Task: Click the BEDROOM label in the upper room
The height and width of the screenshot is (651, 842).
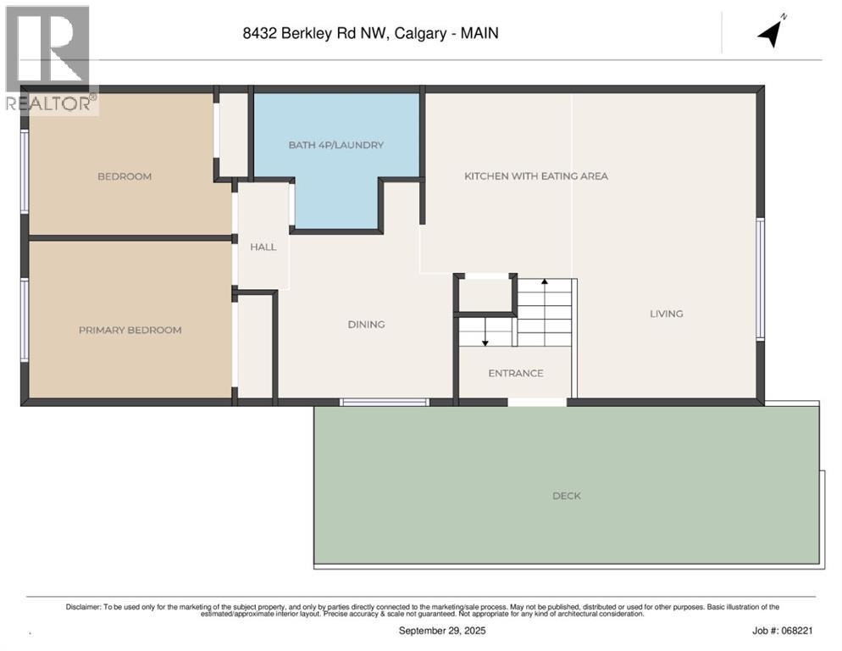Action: click(x=125, y=176)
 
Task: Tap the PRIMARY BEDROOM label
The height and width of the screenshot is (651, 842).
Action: click(x=130, y=330)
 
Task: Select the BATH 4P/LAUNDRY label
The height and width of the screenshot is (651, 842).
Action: click(x=335, y=145)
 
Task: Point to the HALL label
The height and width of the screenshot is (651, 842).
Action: click(x=263, y=247)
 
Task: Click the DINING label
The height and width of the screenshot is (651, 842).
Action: click(x=366, y=324)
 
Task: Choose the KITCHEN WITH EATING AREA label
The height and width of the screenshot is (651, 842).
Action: click(x=535, y=176)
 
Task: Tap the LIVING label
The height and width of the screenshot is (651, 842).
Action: click(x=666, y=314)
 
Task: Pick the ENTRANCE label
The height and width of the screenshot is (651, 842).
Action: click(x=515, y=373)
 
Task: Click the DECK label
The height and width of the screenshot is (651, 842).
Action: click(x=566, y=496)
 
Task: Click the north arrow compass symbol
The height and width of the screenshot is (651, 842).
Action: click(x=773, y=31)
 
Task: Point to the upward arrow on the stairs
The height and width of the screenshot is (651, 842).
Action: click(x=544, y=283)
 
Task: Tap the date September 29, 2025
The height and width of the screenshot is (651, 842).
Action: click(x=442, y=631)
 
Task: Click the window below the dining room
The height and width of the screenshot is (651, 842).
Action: click(x=385, y=402)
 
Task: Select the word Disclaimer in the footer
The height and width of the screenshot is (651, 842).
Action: click(x=83, y=607)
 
